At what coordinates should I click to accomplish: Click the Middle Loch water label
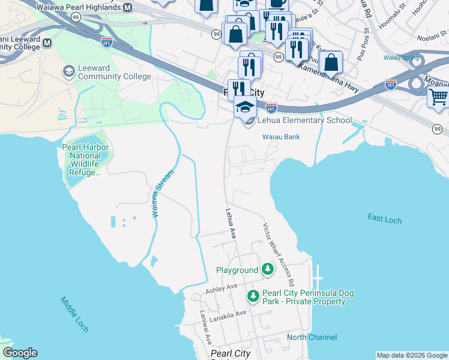(x=74, y=314)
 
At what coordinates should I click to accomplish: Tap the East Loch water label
(x=384, y=219)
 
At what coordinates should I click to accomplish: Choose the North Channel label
(x=312, y=337)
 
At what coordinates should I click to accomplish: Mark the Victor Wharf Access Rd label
(x=277, y=254)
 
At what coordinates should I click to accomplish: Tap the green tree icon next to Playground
(x=267, y=270)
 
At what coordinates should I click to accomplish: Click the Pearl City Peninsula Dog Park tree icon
(x=253, y=296)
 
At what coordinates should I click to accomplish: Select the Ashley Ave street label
(x=223, y=289)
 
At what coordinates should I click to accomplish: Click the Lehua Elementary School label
(x=305, y=120)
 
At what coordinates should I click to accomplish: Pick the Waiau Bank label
(x=281, y=137)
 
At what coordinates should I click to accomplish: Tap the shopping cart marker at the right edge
(x=439, y=97)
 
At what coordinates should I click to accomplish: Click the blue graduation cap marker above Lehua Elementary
(x=245, y=106)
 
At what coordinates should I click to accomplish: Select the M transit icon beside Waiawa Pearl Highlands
(x=127, y=8)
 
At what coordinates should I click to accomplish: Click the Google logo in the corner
(x=20, y=353)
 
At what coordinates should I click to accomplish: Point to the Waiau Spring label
(x=402, y=58)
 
